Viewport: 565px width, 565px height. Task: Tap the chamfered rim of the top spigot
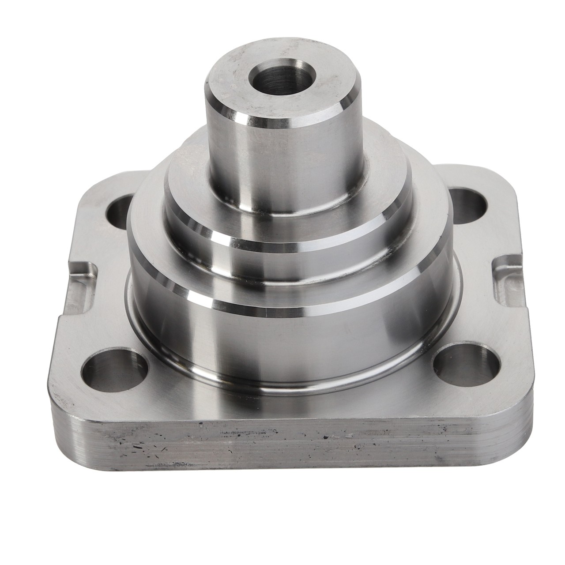pyautogui.click(x=282, y=118)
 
